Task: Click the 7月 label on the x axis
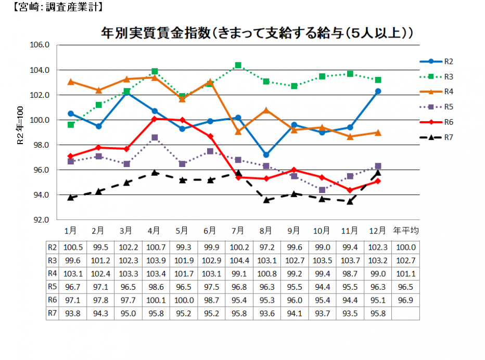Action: (x=238, y=230)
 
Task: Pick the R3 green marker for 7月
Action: (x=238, y=65)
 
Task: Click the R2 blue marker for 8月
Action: (x=266, y=155)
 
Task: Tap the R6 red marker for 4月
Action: (x=155, y=119)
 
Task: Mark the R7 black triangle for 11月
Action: (x=350, y=201)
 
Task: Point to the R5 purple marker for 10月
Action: (x=322, y=190)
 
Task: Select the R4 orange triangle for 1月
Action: (x=71, y=82)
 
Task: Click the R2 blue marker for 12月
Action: (x=378, y=91)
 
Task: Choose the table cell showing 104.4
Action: (x=238, y=260)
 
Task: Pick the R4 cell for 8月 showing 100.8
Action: (x=266, y=274)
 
